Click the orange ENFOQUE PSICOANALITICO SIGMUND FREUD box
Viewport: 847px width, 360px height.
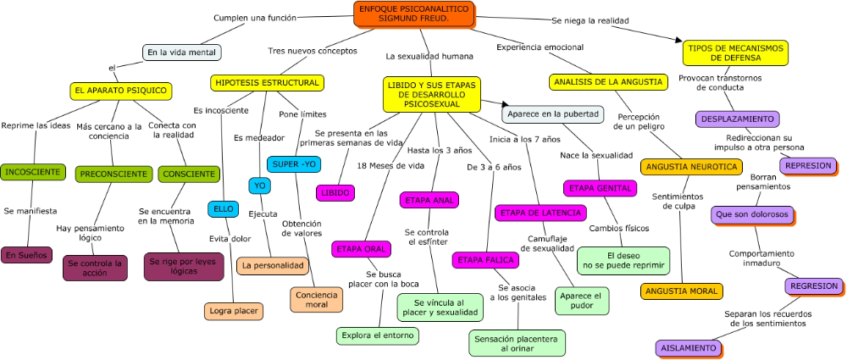click(414, 14)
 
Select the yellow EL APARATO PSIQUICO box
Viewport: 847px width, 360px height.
click(121, 91)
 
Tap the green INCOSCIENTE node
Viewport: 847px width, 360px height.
click(32, 172)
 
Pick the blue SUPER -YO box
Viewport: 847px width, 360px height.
click(293, 164)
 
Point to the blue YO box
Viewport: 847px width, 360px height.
click(260, 186)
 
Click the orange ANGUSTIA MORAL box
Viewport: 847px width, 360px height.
click(681, 291)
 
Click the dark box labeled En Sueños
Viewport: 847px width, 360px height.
click(26, 255)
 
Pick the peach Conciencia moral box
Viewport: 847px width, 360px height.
click(317, 300)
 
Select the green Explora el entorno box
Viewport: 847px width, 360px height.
click(377, 335)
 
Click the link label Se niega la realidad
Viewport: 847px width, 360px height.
click(590, 20)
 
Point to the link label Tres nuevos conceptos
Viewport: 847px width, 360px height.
click(313, 51)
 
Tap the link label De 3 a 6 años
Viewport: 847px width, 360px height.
click(495, 167)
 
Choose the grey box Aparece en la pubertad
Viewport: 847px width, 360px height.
click(552, 114)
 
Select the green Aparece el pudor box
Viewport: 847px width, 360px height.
click(581, 301)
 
